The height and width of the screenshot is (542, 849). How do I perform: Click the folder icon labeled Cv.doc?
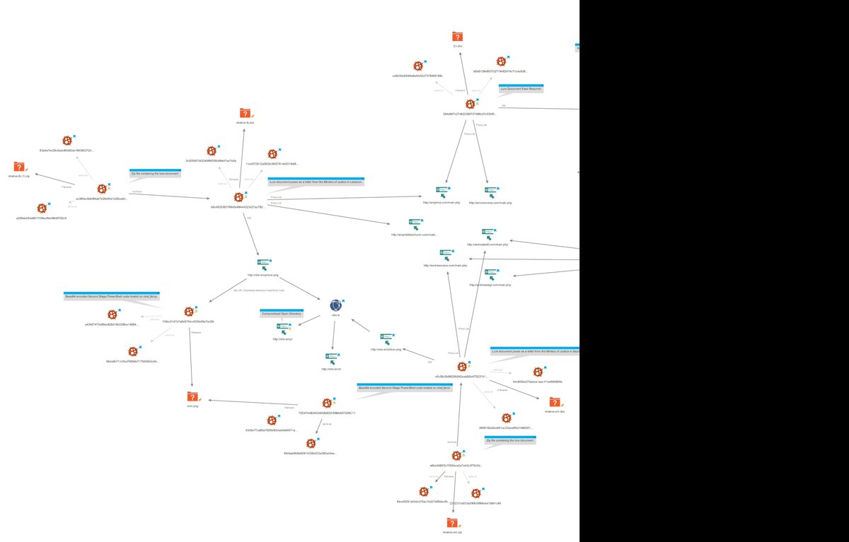coord(457,37)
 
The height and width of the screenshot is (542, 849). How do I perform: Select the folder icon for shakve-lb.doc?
coord(245,113)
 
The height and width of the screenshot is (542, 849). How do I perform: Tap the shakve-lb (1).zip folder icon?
coord(19,167)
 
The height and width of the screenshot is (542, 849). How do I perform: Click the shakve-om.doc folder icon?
coord(555,401)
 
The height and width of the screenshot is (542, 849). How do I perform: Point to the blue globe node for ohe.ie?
coord(336,306)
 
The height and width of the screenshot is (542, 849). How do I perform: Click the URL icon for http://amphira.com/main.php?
coord(442,192)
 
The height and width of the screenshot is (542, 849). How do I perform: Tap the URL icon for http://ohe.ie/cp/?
coord(283,328)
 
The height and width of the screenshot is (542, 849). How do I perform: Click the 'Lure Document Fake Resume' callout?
coord(521,88)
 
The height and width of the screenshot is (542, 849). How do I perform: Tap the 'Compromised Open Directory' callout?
coord(282,312)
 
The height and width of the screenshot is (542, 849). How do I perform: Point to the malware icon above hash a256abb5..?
coord(42,208)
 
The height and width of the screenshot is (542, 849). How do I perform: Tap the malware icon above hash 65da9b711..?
coord(132,350)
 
